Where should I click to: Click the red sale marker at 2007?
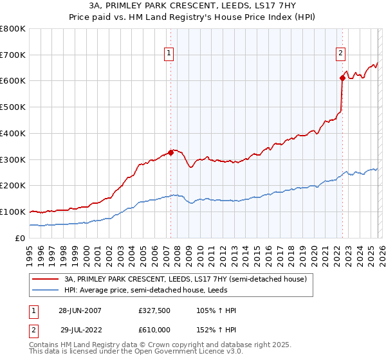170,152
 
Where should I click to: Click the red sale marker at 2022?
342,78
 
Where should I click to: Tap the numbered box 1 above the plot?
169,54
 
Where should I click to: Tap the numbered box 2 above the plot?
340,54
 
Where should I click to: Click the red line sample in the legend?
46,279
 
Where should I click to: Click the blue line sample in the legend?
46,290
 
